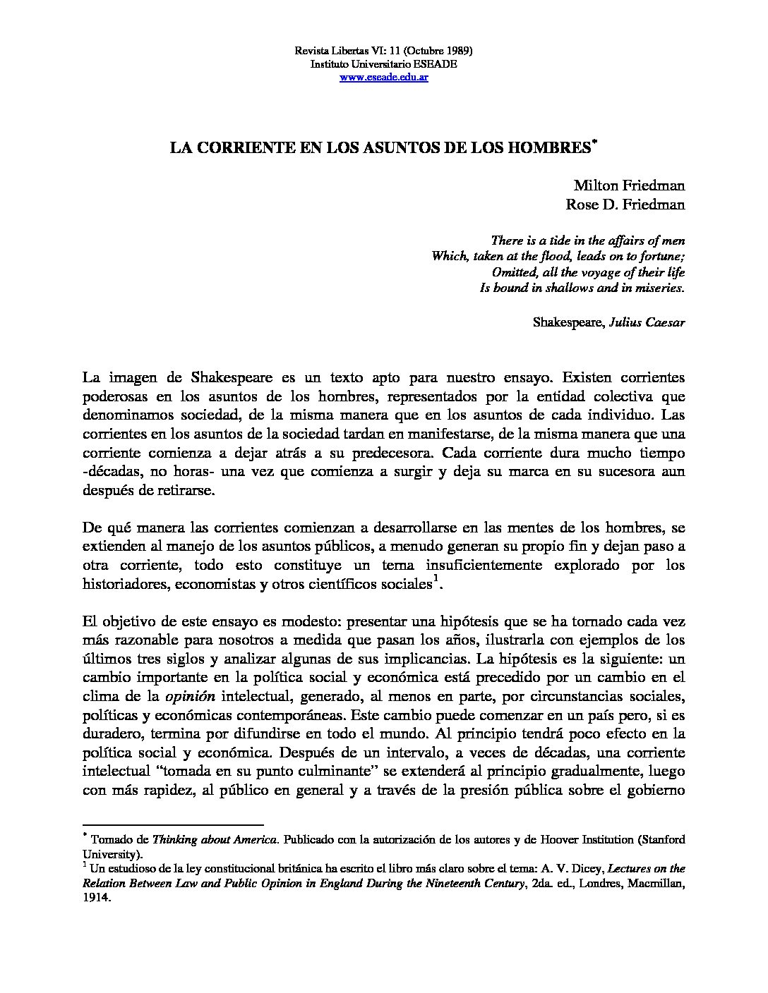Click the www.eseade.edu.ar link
[x=383, y=77]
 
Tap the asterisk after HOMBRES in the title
[x=595, y=143]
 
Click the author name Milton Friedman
[x=628, y=186]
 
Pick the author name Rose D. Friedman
[x=625, y=205]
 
